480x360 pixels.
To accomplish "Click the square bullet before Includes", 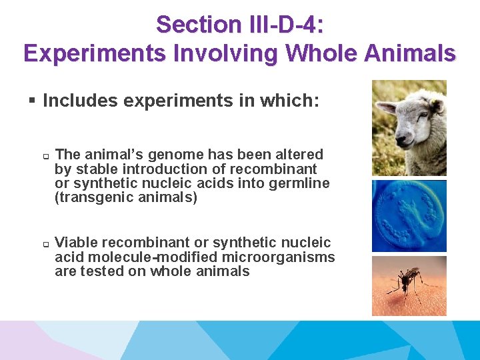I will [x=31, y=101].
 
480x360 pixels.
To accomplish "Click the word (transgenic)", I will [x=93, y=198].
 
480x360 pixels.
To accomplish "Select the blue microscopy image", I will [x=409, y=215].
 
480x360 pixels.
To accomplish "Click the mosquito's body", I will [x=406, y=279].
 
